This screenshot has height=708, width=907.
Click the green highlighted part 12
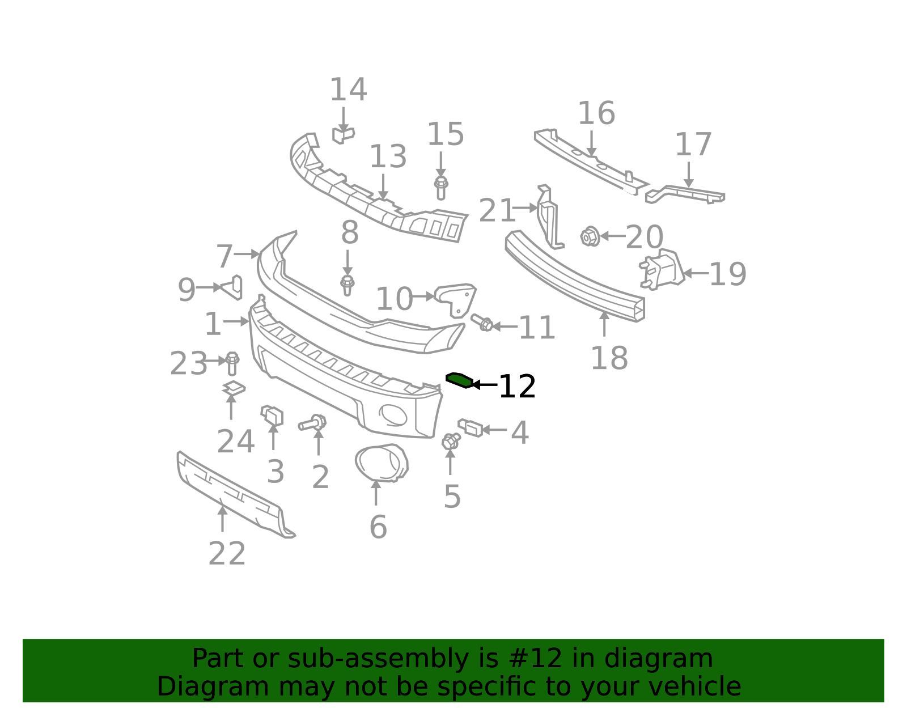point(459,380)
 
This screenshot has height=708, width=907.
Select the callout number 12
point(516,387)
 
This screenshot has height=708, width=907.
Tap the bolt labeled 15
point(440,188)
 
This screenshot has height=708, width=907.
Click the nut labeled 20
point(590,236)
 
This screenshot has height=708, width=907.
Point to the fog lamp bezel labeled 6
point(381,463)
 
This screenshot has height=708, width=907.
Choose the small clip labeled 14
point(342,135)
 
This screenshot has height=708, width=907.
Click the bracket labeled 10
point(456,298)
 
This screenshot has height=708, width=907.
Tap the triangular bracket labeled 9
point(233,287)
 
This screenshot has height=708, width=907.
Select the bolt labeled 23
point(232,363)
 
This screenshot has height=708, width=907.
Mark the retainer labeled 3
point(272,416)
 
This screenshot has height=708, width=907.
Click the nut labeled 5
point(451,440)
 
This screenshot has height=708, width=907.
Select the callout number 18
point(609,358)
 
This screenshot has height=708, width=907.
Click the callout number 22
point(227,554)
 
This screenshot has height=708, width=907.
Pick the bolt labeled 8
point(347,285)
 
